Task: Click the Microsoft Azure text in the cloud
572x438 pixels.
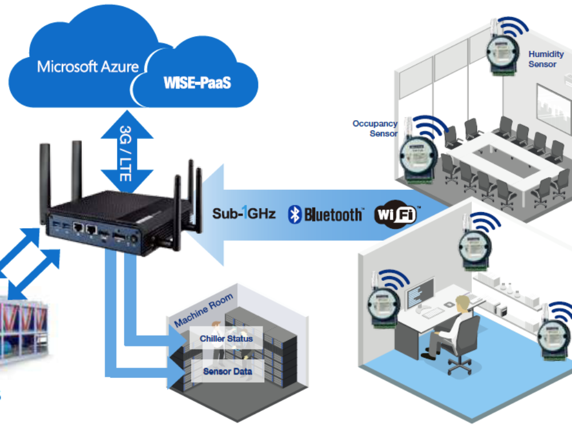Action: pos(88,66)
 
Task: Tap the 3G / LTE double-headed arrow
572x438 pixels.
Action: pos(126,152)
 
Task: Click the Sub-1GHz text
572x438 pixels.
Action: pos(244,214)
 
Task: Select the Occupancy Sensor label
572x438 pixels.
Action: pos(375,128)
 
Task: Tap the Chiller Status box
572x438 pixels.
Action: pos(226,339)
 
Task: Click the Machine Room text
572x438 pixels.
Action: pos(204,312)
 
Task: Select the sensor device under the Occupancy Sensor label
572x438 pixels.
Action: pos(417,154)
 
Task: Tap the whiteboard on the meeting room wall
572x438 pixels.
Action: pos(553,109)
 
